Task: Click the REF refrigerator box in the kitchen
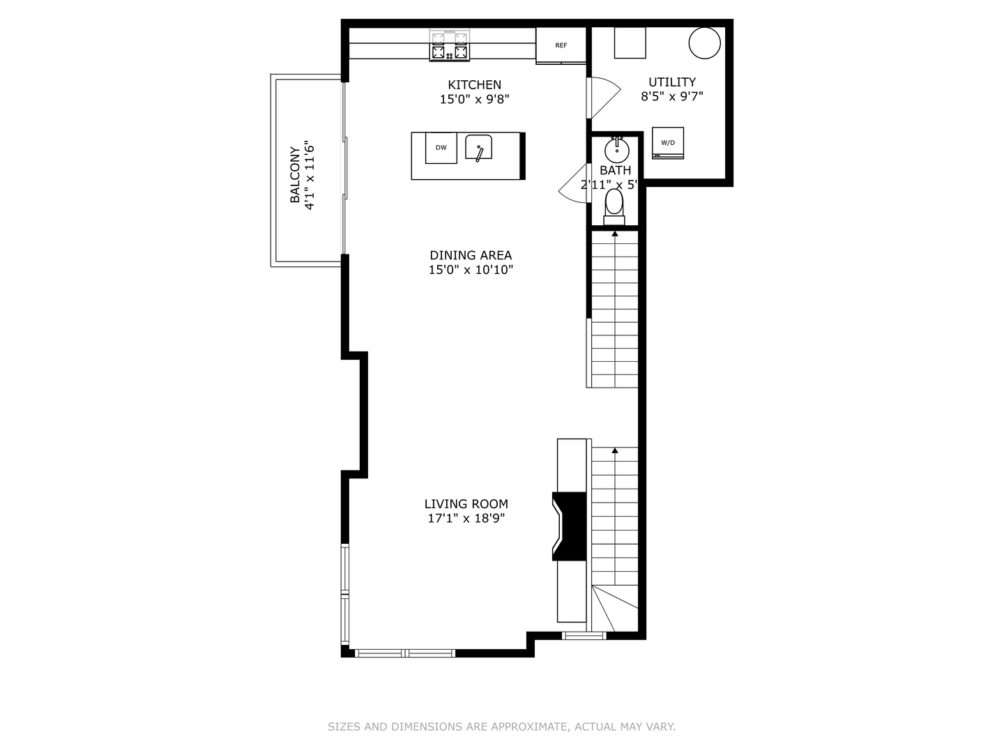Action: pyautogui.click(x=561, y=45)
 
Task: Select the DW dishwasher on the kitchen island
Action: pyautogui.click(x=441, y=148)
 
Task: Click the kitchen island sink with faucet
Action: pyautogui.click(x=478, y=148)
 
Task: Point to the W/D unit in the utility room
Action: pyautogui.click(x=668, y=143)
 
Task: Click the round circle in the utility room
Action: pyautogui.click(x=704, y=43)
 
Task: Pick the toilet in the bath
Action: pyautogui.click(x=614, y=204)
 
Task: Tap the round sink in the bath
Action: pyautogui.click(x=616, y=149)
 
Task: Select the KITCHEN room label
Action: pyautogui.click(x=474, y=85)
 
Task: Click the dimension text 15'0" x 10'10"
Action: pyautogui.click(x=471, y=270)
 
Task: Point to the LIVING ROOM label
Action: pyautogui.click(x=466, y=504)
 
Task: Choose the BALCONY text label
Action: pyautogui.click(x=296, y=175)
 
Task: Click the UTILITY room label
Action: pyautogui.click(x=672, y=82)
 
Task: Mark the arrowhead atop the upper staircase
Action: pyautogui.click(x=615, y=234)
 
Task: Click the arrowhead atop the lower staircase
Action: pyautogui.click(x=615, y=451)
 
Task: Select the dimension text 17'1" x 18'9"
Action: pyautogui.click(x=466, y=519)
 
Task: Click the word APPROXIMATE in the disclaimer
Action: pyautogui.click(x=530, y=727)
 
